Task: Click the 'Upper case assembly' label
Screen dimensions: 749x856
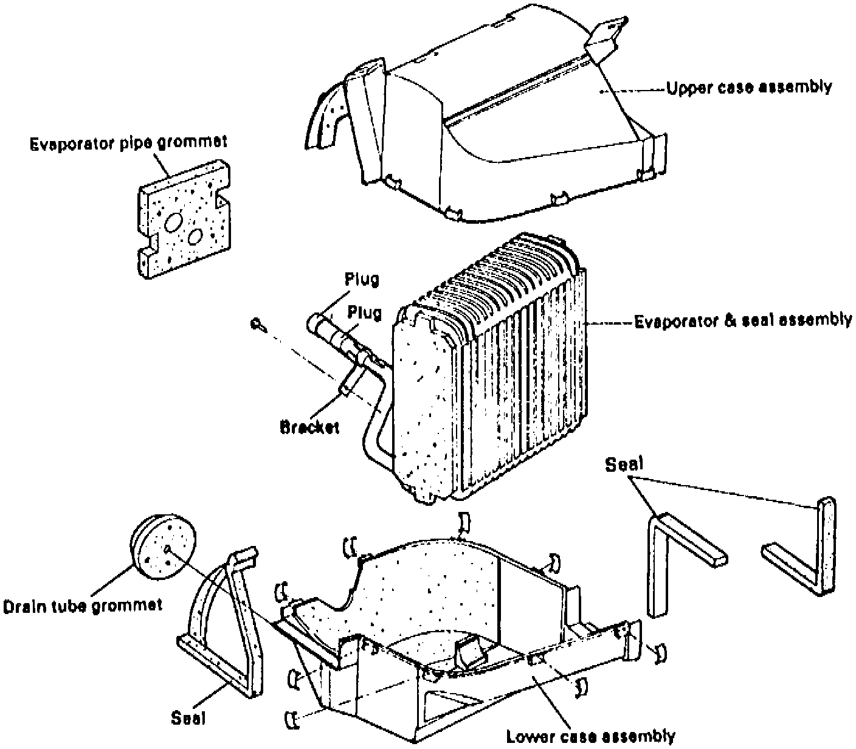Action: (x=749, y=88)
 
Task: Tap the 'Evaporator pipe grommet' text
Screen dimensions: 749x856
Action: (x=128, y=143)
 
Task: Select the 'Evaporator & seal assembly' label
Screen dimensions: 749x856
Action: (x=743, y=320)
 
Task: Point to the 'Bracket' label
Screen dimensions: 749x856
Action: (x=309, y=427)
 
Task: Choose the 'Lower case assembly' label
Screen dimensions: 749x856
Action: (x=590, y=736)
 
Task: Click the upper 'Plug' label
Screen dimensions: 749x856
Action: (x=362, y=279)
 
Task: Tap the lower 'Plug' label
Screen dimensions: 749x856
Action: (x=364, y=312)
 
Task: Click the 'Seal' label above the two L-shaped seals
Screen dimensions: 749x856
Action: (x=624, y=465)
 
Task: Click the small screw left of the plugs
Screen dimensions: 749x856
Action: (x=257, y=324)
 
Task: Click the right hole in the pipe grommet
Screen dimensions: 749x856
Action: (x=195, y=236)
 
